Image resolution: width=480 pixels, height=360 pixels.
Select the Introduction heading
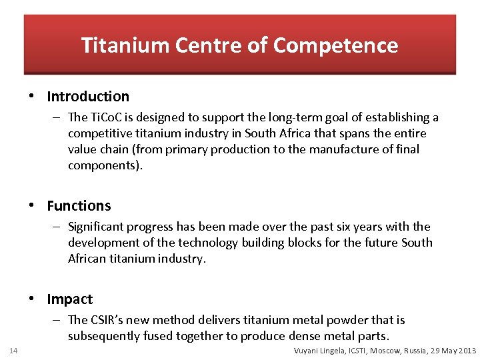point(88,97)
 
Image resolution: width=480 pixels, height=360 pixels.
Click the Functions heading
point(79,206)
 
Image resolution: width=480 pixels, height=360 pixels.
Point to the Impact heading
point(70,299)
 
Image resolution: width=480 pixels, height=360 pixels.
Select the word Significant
point(97,227)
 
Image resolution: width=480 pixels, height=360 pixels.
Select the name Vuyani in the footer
point(308,351)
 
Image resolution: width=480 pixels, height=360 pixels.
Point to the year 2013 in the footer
point(466,351)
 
